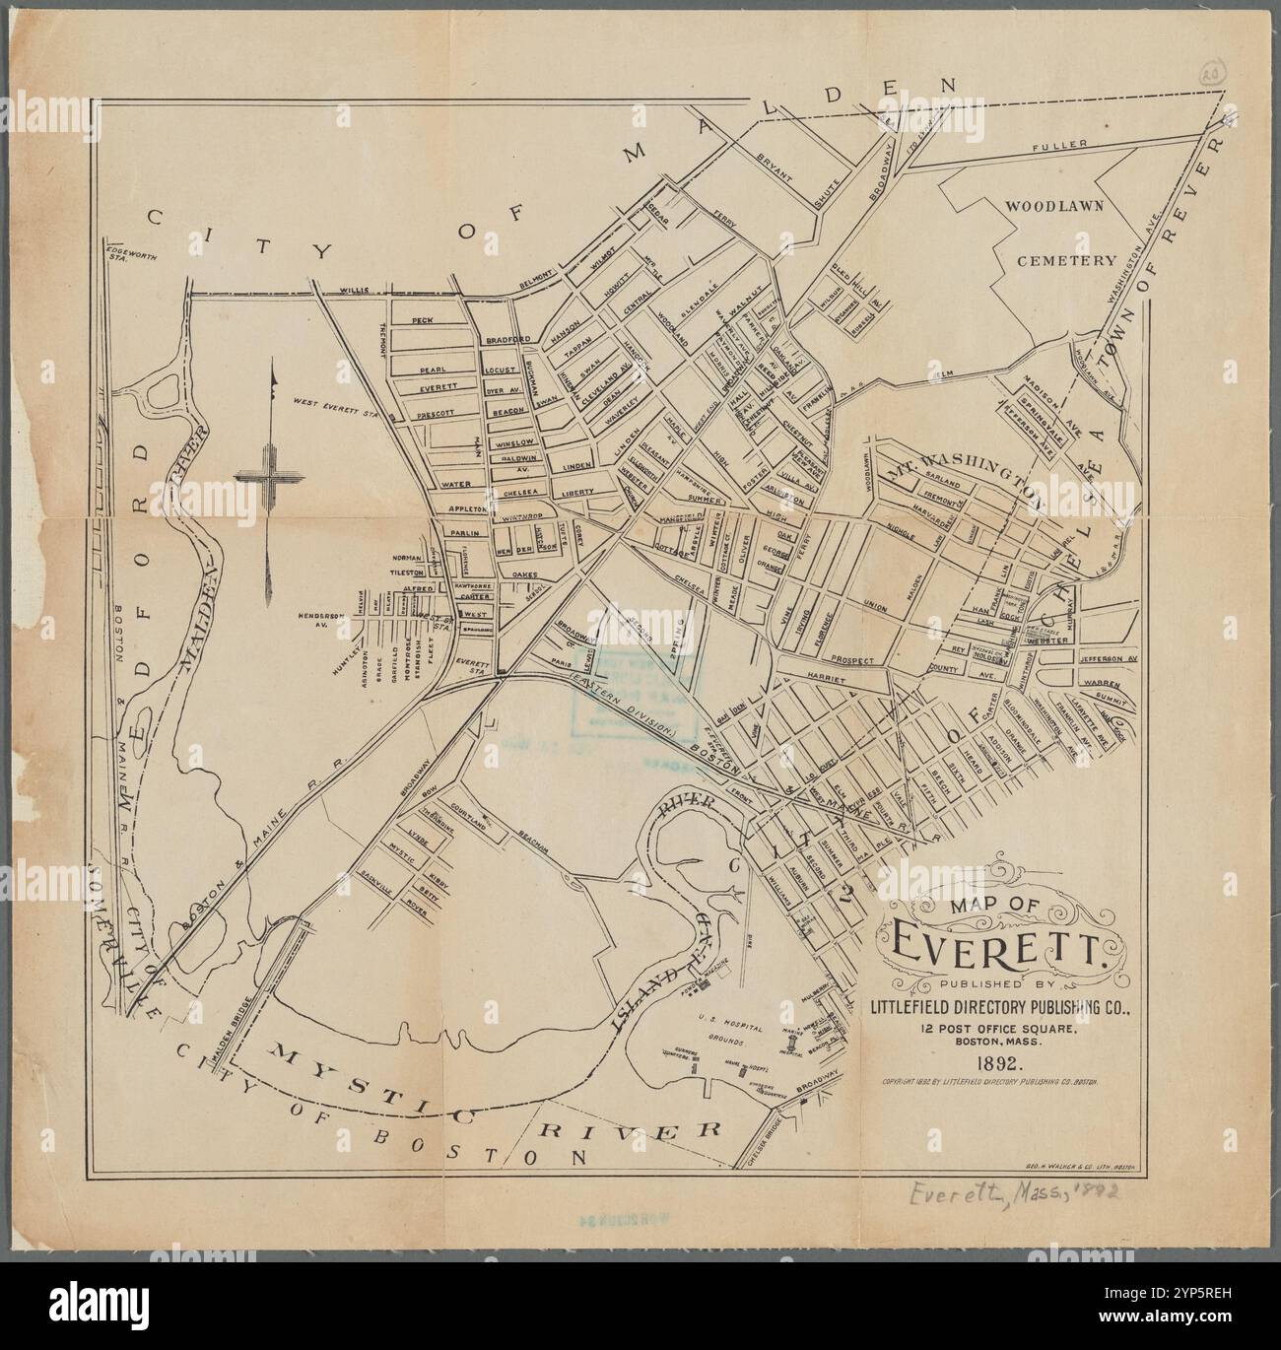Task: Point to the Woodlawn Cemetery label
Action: [1059, 235]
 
